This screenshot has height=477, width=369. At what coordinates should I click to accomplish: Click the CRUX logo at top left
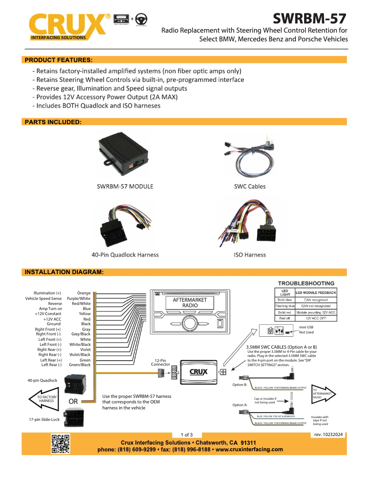[x=69, y=27]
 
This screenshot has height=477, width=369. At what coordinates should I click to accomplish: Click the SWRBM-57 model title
[x=309, y=18]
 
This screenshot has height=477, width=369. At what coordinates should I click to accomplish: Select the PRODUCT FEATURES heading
[x=58, y=60]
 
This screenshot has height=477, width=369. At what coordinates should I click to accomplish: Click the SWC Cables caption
[x=249, y=186]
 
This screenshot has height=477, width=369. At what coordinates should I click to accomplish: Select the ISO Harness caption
[x=250, y=254]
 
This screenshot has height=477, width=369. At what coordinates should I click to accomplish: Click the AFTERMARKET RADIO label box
[x=190, y=303]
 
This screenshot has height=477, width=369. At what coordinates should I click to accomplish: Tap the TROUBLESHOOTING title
[x=306, y=283]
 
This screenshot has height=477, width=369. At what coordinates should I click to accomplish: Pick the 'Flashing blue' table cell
[x=285, y=306]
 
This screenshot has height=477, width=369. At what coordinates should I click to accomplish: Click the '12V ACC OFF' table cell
[x=315, y=318]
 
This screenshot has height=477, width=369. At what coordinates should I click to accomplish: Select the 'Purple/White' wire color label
[x=79, y=299]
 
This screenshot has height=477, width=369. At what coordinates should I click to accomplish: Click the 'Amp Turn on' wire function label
[x=50, y=309]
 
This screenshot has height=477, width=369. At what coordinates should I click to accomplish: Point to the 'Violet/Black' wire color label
[x=80, y=355]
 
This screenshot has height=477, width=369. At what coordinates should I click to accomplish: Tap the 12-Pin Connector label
[x=161, y=362]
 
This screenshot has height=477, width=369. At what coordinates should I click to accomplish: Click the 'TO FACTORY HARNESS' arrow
[x=46, y=399]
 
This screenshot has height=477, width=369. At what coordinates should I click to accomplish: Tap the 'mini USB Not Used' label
[x=306, y=329]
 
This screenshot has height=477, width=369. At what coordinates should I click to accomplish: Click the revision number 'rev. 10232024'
[x=328, y=434]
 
